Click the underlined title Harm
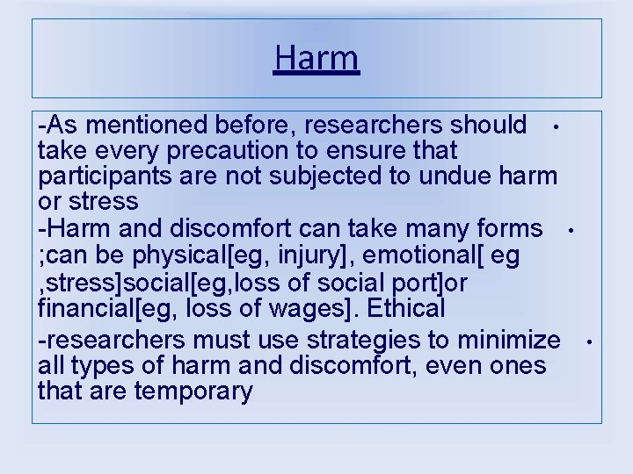316,59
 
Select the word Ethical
407,308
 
